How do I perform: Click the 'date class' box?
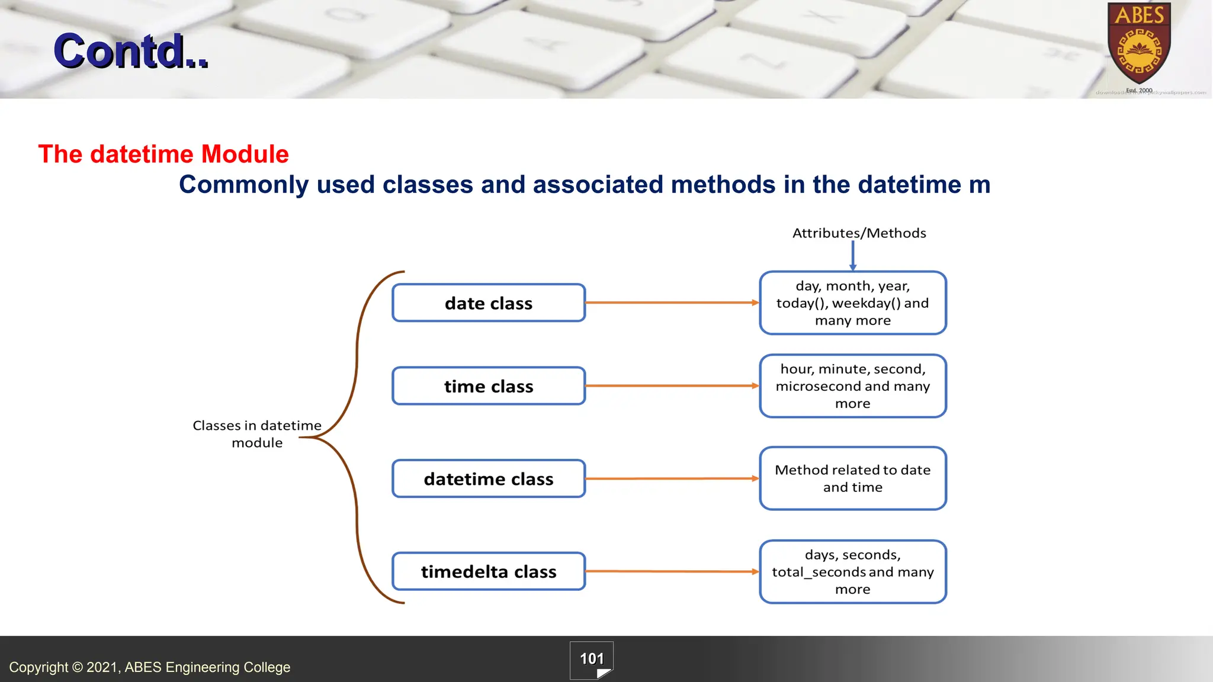click(x=489, y=303)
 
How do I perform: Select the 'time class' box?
click(x=489, y=386)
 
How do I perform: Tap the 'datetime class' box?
click(x=489, y=478)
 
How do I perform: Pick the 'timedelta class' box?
click(x=489, y=571)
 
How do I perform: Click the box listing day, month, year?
click(x=852, y=303)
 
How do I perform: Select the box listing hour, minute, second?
click(x=852, y=386)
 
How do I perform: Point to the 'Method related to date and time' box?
click(x=852, y=478)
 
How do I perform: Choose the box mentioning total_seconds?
click(x=852, y=571)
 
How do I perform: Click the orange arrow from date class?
click(x=672, y=303)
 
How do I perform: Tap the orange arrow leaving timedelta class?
click(x=672, y=571)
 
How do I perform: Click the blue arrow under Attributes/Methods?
click(x=853, y=256)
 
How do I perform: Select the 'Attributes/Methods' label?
click(x=859, y=233)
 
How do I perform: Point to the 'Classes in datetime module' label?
click(x=257, y=434)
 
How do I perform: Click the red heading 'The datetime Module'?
click(x=163, y=154)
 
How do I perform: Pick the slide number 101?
click(x=592, y=659)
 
